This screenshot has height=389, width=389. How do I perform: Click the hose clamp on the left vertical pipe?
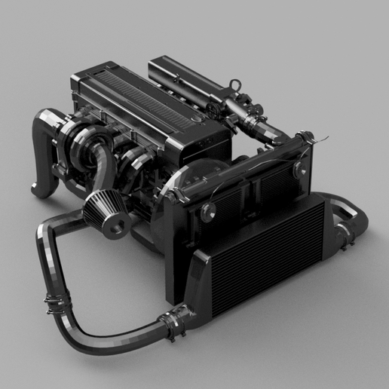tap(53, 305)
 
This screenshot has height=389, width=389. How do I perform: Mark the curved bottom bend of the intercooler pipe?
tap(90, 347)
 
